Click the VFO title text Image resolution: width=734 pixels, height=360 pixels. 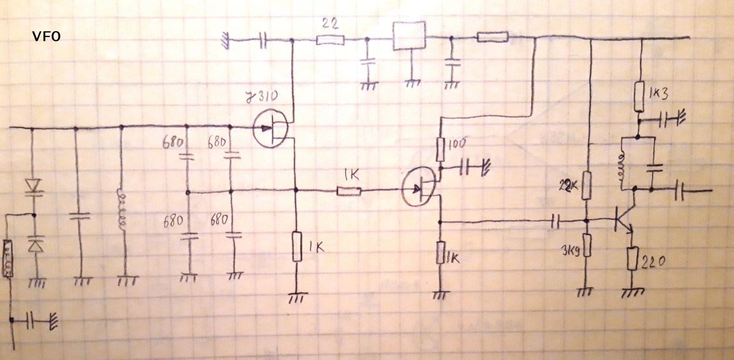46,37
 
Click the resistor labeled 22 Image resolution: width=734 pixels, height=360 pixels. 330,40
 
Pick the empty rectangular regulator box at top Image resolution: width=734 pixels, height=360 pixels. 410,36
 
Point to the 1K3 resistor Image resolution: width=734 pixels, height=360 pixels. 641,98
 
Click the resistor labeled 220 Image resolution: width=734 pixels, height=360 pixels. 632,259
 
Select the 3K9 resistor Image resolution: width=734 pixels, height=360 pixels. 586,246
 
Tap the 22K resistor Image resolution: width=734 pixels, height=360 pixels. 586,185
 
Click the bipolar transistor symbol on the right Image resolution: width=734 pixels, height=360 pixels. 624,221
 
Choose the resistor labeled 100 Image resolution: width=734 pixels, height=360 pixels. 440,149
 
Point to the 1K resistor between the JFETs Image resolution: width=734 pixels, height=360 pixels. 349,190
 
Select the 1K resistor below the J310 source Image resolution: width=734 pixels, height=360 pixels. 296,246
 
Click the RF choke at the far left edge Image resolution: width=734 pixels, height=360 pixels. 8,259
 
